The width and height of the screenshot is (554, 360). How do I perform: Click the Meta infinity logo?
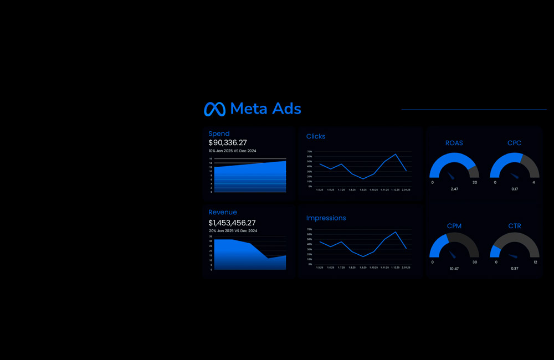(214, 109)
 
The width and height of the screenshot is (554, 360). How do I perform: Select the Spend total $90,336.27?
(228, 143)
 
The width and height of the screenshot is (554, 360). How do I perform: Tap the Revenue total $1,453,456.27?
(232, 223)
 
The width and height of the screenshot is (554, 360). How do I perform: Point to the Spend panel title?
(219, 133)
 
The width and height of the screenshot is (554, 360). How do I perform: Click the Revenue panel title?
(223, 212)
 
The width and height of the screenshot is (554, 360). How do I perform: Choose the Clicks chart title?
(316, 136)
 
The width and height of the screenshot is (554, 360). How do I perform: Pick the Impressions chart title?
(326, 218)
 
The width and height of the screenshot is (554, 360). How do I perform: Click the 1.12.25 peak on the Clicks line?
(396, 154)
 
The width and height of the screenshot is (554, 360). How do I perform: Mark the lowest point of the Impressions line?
(363, 256)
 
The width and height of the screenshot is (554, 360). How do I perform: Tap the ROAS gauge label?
(454, 143)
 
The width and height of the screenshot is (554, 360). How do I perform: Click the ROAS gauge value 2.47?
(454, 189)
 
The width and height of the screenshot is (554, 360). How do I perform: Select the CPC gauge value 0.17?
(515, 189)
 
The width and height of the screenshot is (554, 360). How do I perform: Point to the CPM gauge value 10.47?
(454, 269)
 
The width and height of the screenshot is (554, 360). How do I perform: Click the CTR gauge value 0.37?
(515, 269)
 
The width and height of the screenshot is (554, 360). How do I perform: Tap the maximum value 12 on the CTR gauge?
(535, 262)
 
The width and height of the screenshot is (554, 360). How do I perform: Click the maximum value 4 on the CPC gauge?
(534, 183)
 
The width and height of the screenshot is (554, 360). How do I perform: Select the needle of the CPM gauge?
(452, 255)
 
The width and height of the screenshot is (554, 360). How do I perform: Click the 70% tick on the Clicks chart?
(310, 151)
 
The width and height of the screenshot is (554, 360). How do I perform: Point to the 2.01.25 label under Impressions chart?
(406, 268)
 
